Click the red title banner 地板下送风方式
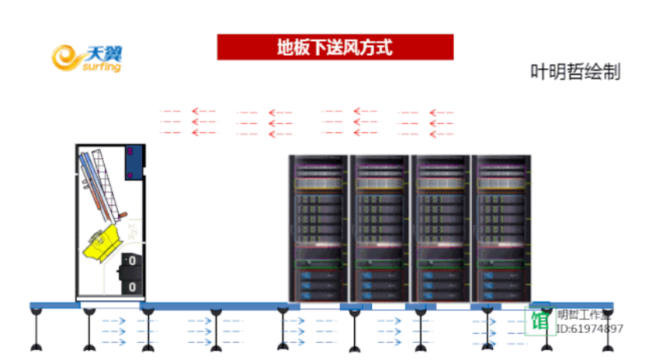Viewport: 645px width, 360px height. pos(335,47)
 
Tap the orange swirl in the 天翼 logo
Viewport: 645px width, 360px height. pos(67,57)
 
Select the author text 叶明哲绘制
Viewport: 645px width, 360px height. pos(575,72)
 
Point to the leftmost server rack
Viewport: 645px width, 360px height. pos(318,227)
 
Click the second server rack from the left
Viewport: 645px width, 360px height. pos(379,227)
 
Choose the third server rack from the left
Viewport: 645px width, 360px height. pos(439,227)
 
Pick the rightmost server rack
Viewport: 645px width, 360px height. pos(501,227)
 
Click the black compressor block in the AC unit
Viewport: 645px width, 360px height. pos(130,273)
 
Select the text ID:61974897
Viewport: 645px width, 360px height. pos(590,329)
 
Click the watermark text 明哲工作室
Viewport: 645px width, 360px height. pos(584,314)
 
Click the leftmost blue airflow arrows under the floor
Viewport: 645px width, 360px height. pos(114,331)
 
